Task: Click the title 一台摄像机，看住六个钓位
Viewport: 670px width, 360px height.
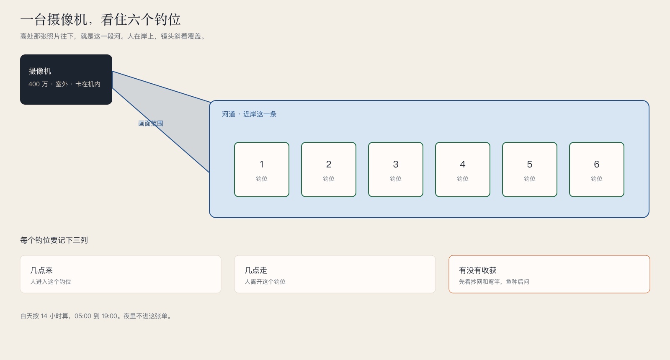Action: coord(100,19)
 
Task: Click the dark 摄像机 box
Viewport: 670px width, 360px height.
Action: coord(66,80)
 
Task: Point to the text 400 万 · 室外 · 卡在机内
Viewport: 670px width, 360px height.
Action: coord(64,84)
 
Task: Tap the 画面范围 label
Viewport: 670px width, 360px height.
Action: coord(151,123)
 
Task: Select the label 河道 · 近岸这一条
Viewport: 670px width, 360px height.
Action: coord(249,114)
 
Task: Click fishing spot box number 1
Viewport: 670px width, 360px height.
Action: coord(262,170)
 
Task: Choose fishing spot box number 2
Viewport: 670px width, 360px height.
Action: coord(329,170)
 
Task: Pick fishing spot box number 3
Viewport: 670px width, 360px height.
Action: coord(396,170)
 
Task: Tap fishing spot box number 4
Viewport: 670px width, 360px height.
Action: coord(463,170)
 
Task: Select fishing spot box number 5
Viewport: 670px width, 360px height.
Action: coord(530,170)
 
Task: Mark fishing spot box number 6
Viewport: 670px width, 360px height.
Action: coord(597,170)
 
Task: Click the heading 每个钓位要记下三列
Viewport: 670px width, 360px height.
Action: coord(54,240)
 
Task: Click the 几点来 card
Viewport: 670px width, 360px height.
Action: coord(121,274)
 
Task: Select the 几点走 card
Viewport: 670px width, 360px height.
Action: coord(335,274)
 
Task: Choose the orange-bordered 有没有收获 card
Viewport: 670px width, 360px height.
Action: coord(549,274)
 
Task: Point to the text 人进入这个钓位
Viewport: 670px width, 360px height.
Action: coord(51,282)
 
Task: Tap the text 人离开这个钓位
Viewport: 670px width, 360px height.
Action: coord(265,282)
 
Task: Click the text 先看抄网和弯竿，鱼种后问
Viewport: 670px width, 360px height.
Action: coord(494,282)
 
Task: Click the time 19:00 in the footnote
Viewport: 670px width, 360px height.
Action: coord(109,316)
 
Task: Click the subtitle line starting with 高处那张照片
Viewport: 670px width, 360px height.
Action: coord(113,36)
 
